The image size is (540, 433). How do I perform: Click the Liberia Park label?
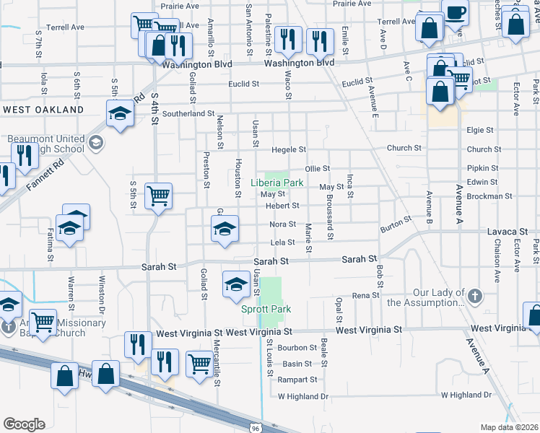[x=276, y=183]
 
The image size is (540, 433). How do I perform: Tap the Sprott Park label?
[x=266, y=309]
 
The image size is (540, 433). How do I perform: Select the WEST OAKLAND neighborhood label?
[x=43, y=110]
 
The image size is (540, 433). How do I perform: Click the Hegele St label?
[x=289, y=149]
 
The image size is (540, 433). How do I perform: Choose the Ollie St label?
[x=317, y=168]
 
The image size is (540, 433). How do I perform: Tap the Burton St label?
[x=396, y=224]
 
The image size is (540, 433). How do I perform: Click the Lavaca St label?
[x=508, y=232]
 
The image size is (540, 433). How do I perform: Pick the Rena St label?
[x=365, y=295]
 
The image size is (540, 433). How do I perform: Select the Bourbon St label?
[x=297, y=347]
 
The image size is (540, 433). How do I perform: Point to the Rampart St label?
[x=297, y=380]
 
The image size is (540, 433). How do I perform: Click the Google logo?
[x=24, y=424]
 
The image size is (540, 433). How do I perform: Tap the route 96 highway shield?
[x=256, y=427]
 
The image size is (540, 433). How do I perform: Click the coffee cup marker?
[x=455, y=12]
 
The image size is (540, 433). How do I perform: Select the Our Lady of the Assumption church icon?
[x=474, y=295]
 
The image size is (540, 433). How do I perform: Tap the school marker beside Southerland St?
[x=119, y=113]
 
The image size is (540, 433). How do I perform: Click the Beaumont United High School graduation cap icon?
[x=95, y=143]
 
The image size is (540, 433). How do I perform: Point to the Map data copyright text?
[x=509, y=427]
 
